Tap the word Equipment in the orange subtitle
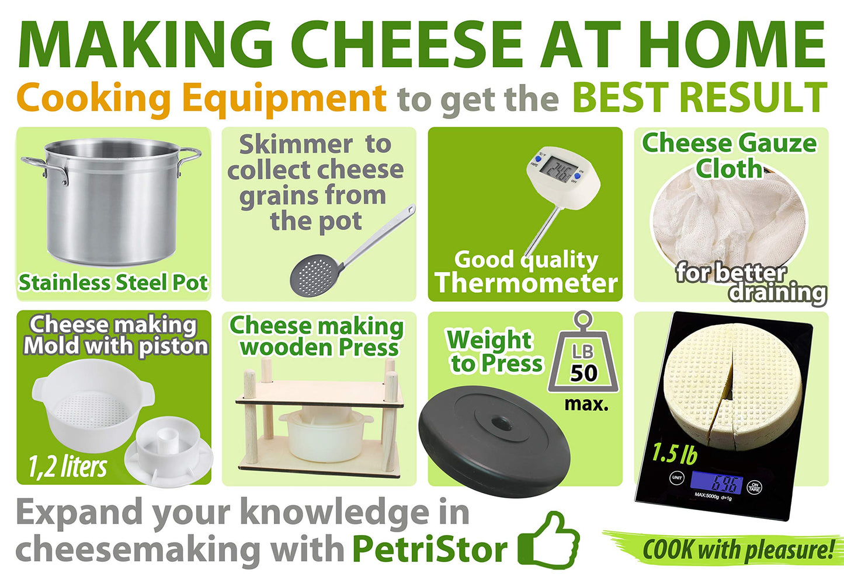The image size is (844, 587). (x=284, y=98)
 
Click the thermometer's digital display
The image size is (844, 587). (x=554, y=169)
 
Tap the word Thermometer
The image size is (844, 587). (x=526, y=284)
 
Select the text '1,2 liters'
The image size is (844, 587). (x=68, y=466)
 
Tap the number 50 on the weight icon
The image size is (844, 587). (x=583, y=373)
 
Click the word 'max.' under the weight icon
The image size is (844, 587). (x=586, y=404)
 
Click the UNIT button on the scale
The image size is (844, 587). (x=676, y=478)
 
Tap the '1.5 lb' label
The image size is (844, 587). (x=675, y=454)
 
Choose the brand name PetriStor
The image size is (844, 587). (x=430, y=550)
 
